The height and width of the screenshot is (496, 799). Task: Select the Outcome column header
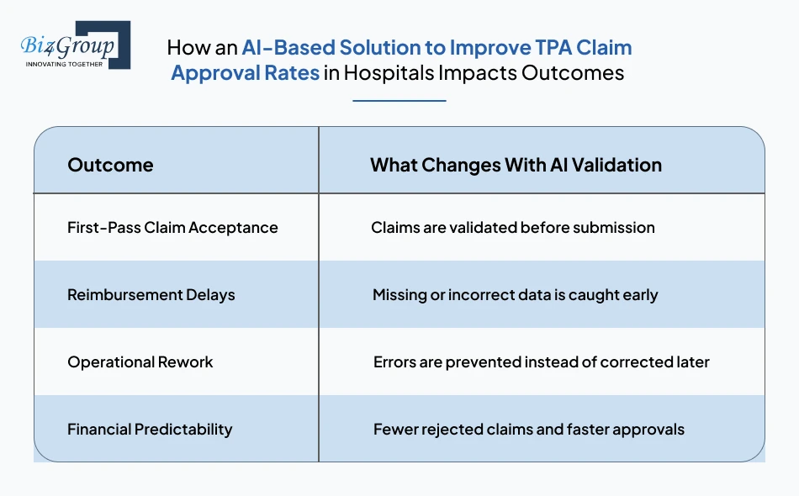(110, 165)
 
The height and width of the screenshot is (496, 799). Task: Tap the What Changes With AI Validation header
(516, 165)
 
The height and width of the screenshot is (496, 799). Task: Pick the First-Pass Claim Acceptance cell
(172, 227)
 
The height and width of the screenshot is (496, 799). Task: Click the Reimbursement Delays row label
(151, 294)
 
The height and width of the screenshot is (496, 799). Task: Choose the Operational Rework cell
(140, 361)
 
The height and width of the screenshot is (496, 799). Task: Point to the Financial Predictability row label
(150, 429)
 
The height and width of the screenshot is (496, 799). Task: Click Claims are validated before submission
(512, 227)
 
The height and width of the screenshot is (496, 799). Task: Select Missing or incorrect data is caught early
(515, 294)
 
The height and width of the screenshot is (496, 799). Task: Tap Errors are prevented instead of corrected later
(541, 361)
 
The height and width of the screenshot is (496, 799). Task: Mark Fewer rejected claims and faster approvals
(528, 429)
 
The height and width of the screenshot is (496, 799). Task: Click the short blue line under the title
(399, 101)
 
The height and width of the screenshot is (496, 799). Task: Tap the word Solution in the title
(383, 47)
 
